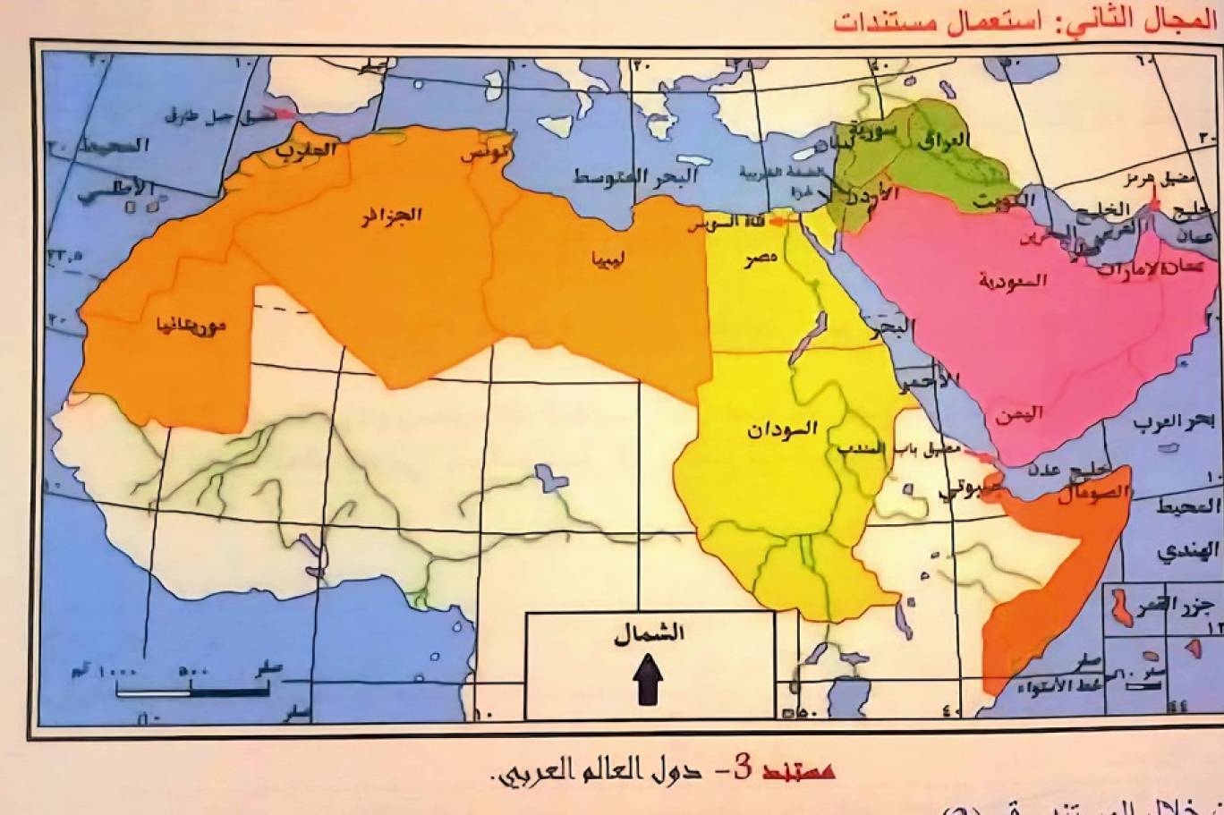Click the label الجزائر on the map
(x=391, y=216)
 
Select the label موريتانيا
(x=190, y=324)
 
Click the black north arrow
(x=648, y=681)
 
